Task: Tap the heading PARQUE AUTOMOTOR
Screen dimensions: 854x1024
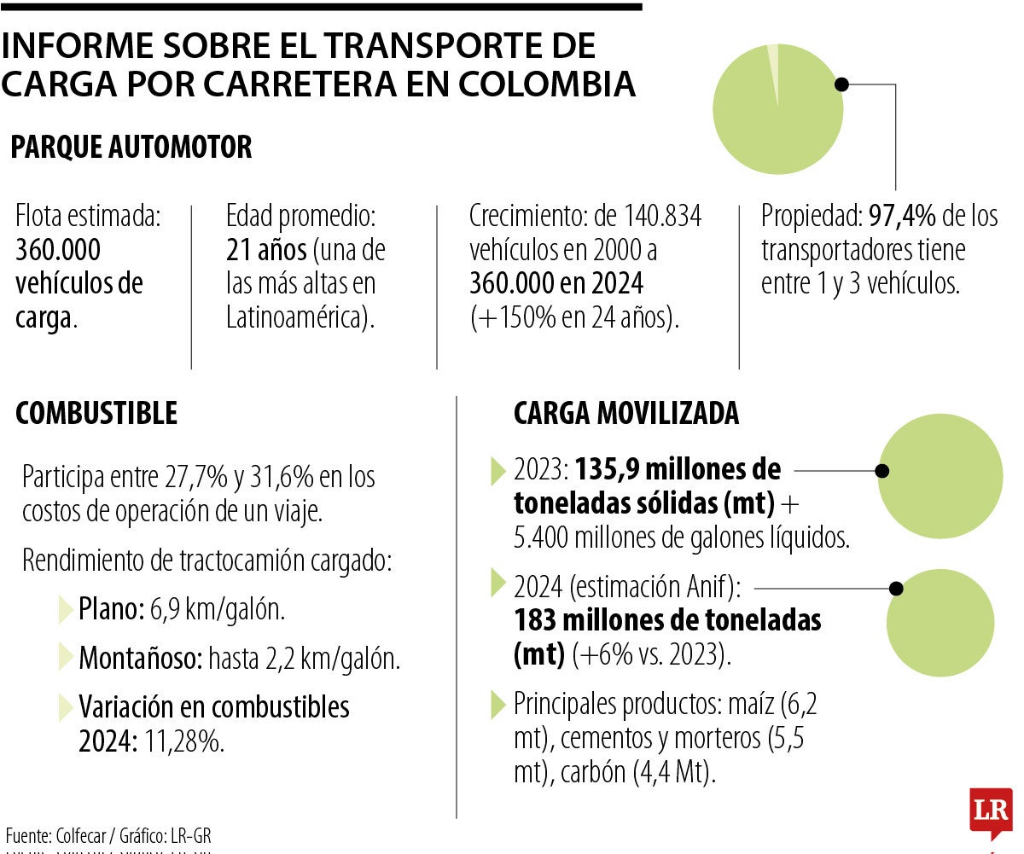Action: click(x=131, y=147)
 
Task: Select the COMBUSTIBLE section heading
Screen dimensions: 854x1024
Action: click(x=96, y=413)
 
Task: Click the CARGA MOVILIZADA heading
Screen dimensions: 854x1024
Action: click(x=625, y=413)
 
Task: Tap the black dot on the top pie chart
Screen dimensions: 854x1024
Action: click(x=841, y=84)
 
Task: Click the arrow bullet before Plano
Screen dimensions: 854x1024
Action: click(x=66, y=610)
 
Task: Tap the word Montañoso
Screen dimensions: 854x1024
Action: click(x=140, y=659)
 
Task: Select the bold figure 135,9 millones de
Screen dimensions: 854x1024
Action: click(x=678, y=470)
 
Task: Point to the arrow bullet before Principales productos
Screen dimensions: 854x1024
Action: click(x=499, y=704)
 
